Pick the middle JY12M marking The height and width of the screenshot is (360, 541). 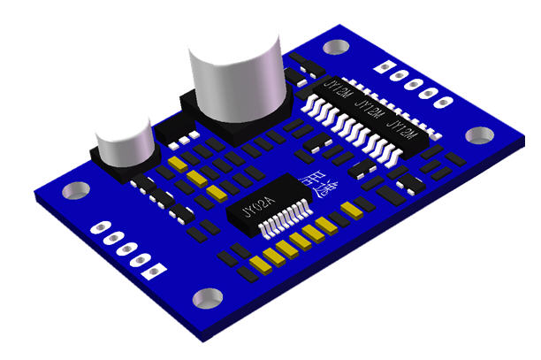370,111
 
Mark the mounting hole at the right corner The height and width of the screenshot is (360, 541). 480,135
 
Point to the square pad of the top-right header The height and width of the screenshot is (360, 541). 383,66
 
